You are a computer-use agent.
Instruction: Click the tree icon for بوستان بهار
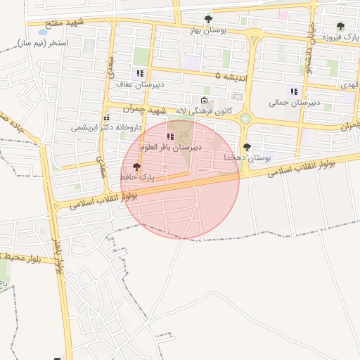pyautogui.click(x=207, y=19)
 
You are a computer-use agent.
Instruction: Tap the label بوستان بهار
pyautogui.click(x=206, y=30)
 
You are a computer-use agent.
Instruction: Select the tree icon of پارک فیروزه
pyautogui.click(x=340, y=26)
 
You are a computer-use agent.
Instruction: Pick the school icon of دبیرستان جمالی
pyautogui.click(x=293, y=91)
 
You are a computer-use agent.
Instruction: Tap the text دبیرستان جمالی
pyautogui.click(x=294, y=103)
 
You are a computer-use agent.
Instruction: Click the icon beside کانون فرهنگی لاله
pyautogui.click(x=204, y=101)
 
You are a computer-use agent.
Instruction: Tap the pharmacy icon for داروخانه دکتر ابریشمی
pyautogui.click(x=106, y=118)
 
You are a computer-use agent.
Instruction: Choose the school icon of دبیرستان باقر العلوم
pyautogui.click(x=169, y=136)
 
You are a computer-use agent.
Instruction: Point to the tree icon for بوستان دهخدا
pyautogui.click(x=247, y=147)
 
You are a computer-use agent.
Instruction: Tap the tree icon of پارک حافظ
pyautogui.click(x=136, y=167)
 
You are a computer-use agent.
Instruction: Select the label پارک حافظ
pyautogui.click(x=137, y=179)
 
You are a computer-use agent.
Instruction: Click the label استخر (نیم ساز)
pyautogui.click(x=48, y=43)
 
